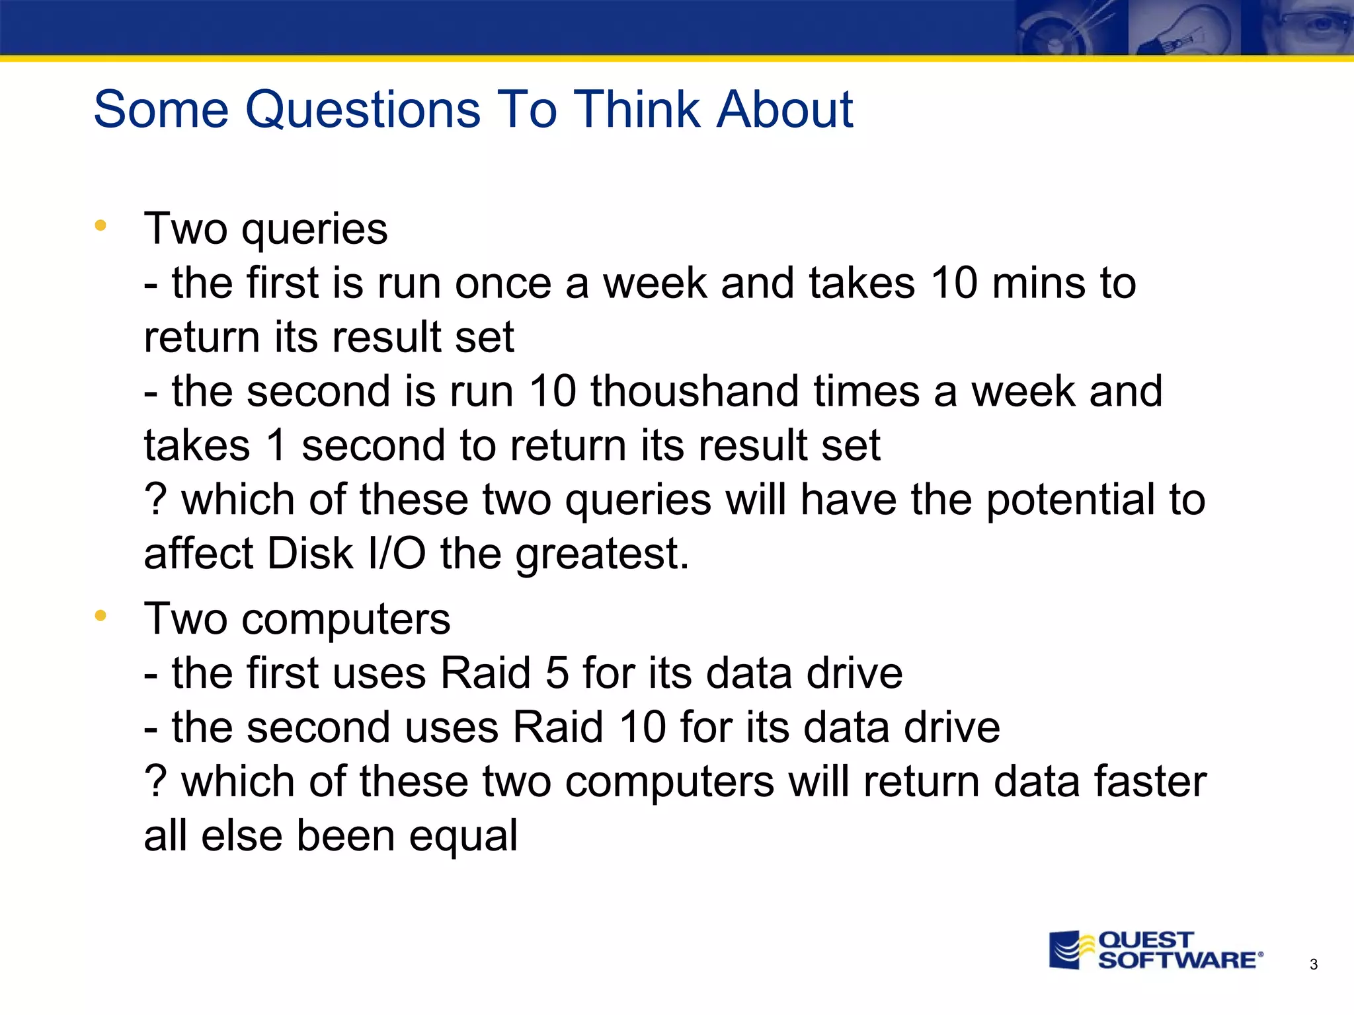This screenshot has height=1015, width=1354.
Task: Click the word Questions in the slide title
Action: click(362, 110)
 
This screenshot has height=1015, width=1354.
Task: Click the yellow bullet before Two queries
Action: click(100, 226)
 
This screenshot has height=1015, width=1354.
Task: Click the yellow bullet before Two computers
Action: click(100, 616)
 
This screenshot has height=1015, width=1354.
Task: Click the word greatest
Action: click(602, 555)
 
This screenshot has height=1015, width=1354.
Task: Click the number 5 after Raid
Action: click(557, 674)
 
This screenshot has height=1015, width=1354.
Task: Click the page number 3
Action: click(1313, 965)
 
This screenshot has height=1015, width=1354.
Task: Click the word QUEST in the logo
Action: click(1146, 940)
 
